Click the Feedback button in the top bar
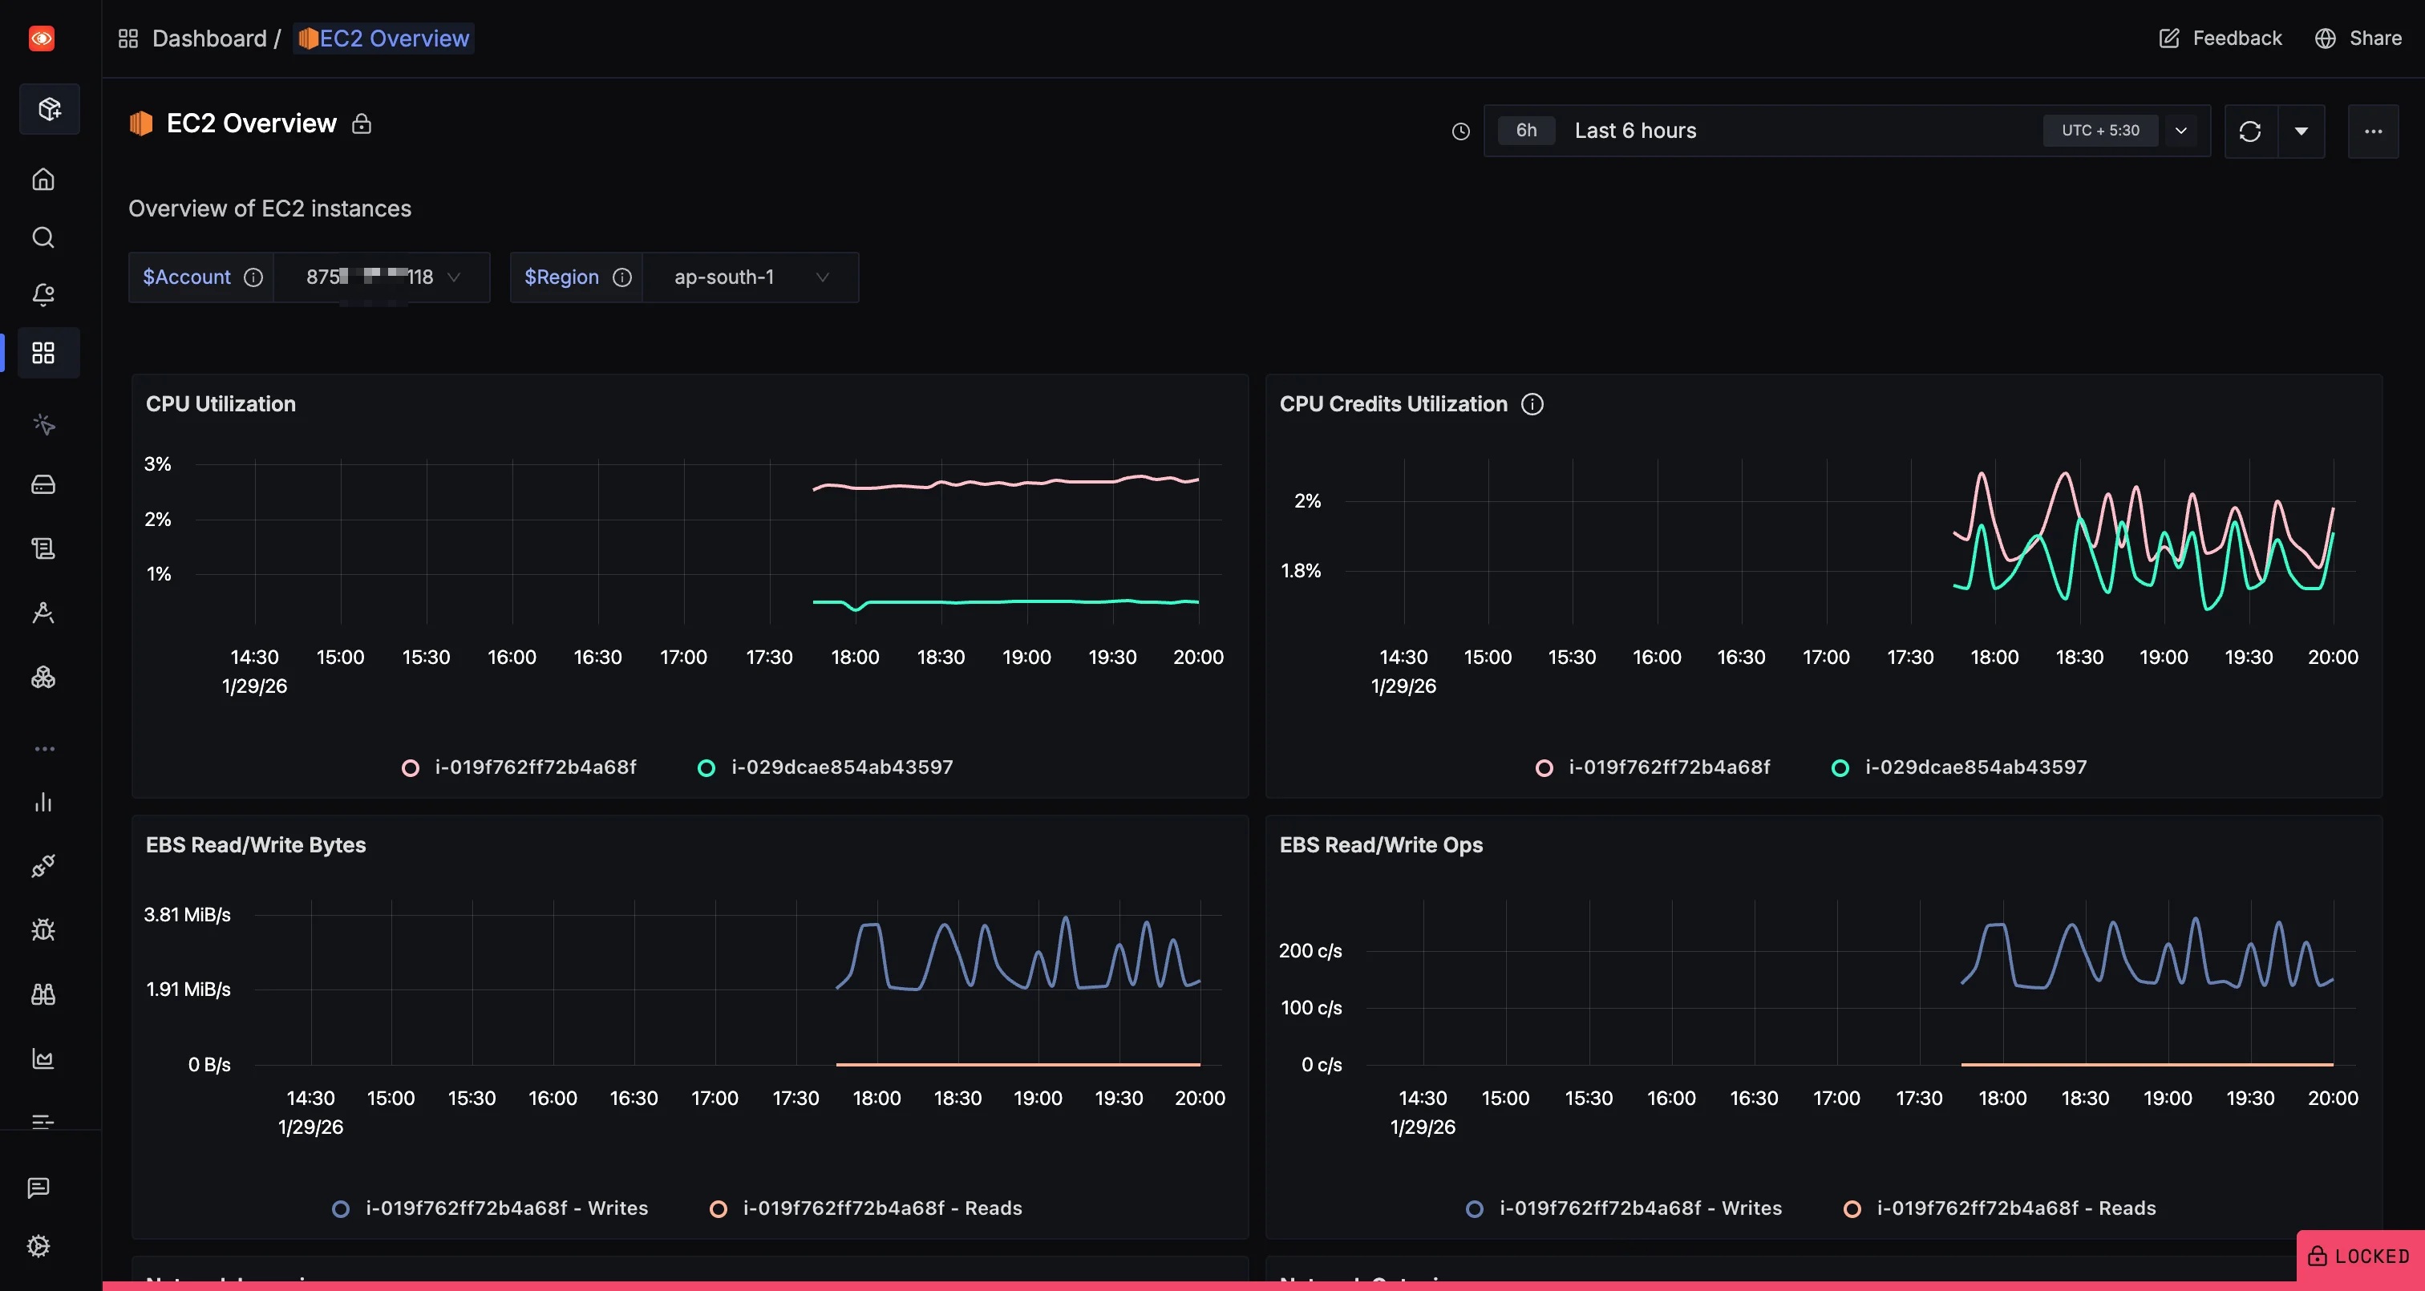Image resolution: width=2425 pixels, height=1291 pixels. tap(2220, 38)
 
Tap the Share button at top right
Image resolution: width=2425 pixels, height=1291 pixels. tap(2358, 38)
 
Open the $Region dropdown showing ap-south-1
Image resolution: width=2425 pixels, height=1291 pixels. tap(749, 277)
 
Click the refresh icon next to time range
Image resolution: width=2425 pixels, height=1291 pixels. tap(2250, 131)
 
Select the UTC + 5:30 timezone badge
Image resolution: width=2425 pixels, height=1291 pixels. tap(2099, 131)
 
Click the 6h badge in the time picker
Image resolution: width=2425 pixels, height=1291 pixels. tap(1526, 131)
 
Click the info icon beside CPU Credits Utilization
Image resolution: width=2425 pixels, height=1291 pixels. tap(1532, 404)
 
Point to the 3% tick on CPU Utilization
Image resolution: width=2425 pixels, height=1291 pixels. tap(157, 464)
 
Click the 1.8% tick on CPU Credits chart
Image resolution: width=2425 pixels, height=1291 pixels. tap(1300, 571)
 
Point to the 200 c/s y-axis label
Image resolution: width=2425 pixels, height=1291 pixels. tap(1310, 951)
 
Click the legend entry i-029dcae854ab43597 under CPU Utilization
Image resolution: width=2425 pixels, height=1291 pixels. tap(840, 767)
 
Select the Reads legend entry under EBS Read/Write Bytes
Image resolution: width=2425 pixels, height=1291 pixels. tap(881, 1208)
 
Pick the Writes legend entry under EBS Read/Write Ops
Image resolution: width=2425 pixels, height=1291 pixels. tap(1639, 1208)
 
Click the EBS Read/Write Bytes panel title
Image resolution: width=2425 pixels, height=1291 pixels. tap(255, 844)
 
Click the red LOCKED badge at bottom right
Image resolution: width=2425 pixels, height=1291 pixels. tap(2359, 1257)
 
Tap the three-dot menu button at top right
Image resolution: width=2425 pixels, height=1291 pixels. tap(2372, 131)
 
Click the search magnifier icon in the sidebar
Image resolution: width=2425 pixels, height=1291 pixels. tap(43, 237)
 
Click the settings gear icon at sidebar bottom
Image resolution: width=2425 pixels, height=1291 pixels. tap(38, 1246)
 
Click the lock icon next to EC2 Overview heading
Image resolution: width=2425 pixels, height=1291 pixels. tap(362, 124)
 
